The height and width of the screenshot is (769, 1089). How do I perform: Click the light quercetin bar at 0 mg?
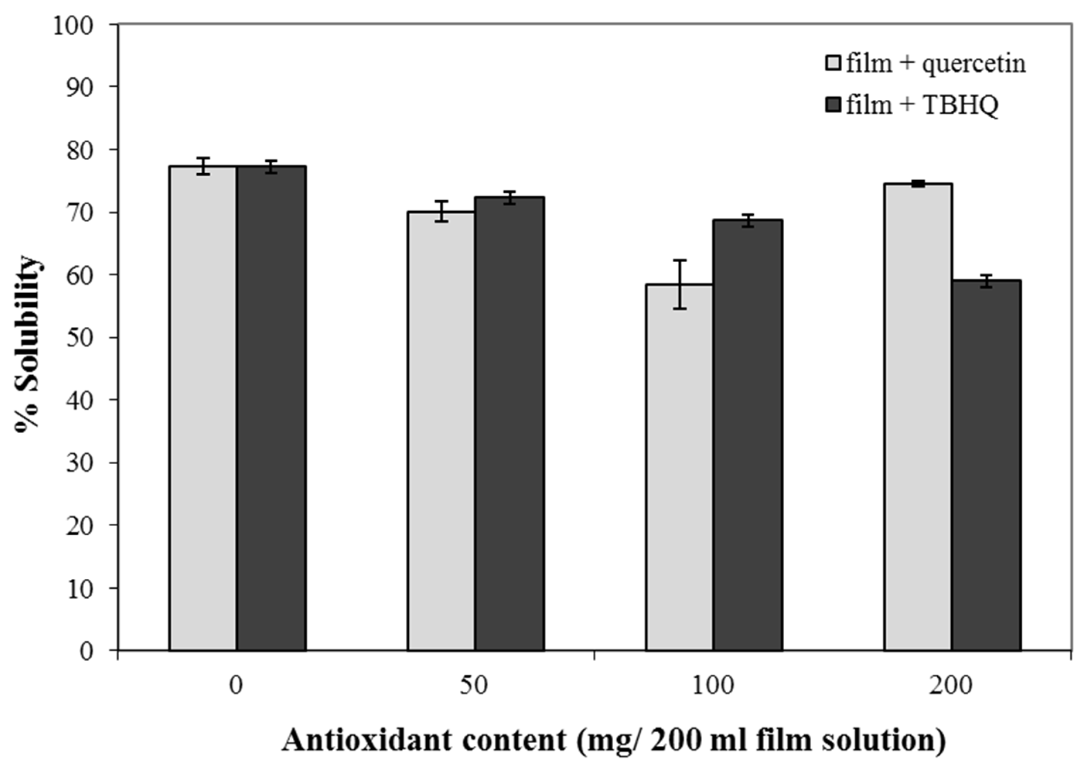point(203,408)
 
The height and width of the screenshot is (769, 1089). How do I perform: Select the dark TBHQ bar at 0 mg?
point(272,408)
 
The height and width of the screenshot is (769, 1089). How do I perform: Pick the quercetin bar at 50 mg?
point(442,431)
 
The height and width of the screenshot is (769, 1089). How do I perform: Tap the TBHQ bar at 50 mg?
point(510,424)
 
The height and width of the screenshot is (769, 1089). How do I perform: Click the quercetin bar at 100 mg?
point(680,467)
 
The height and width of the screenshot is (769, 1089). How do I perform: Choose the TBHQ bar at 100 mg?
point(748,435)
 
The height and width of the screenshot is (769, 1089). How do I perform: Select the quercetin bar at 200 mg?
point(918,417)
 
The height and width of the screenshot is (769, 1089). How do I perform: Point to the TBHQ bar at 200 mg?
point(987,465)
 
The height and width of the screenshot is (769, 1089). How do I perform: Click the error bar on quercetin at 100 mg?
point(680,285)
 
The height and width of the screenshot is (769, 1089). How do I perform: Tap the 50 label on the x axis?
point(474,686)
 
